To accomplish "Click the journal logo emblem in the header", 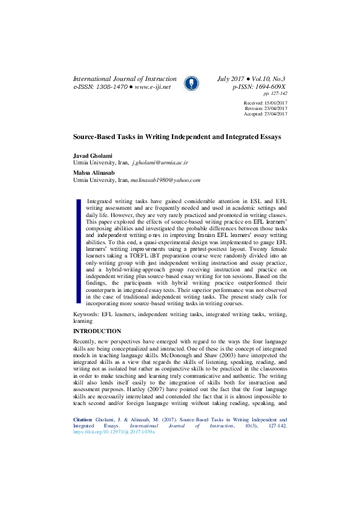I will [x=189, y=83].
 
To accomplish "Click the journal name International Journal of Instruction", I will [x=125, y=79].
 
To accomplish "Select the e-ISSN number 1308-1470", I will [x=110, y=87].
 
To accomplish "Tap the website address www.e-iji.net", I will [x=152, y=87].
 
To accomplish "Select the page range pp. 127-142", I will [x=275, y=94].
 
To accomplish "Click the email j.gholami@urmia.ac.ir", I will [x=160, y=163].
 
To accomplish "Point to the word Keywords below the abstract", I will [x=86, y=315].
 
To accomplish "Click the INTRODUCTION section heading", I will [x=97, y=332].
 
